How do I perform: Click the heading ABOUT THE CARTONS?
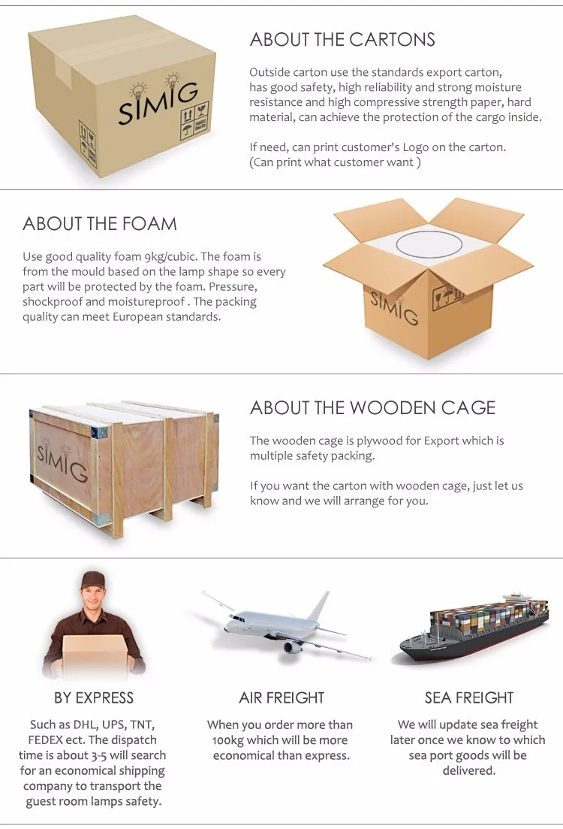click(342, 40)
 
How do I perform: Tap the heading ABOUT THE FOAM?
click(100, 224)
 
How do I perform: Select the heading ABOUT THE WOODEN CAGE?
click(373, 407)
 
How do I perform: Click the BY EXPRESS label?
click(94, 698)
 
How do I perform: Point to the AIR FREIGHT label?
click(281, 698)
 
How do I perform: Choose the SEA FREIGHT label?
click(469, 698)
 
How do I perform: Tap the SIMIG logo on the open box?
click(394, 307)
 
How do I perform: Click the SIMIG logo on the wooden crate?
click(62, 458)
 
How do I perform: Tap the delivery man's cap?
click(93, 579)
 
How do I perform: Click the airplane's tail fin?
click(321, 608)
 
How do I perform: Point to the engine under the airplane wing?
click(292, 646)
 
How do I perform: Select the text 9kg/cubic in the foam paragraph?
click(170, 257)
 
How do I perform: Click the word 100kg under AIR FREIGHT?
click(227, 740)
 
